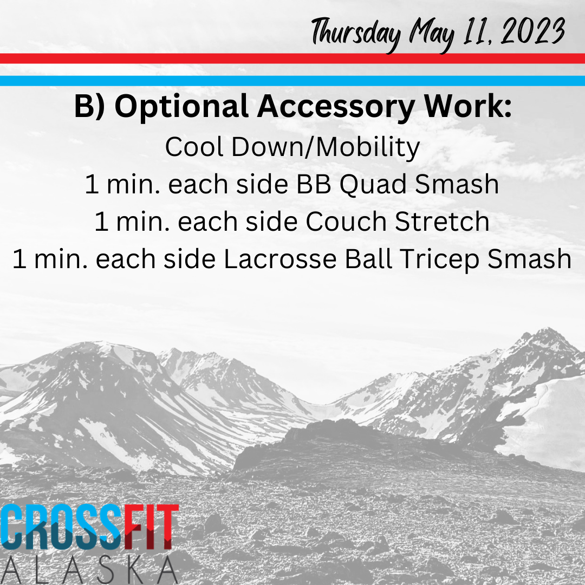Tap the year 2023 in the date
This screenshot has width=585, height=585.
pyautogui.click(x=533, y=31)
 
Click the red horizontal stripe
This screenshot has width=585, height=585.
pyautogui.click(x=292, y=58)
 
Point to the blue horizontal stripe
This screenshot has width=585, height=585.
pyautogui.click(x=292, y=81)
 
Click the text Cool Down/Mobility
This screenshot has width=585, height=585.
pyautogui.click(x=292, y=147)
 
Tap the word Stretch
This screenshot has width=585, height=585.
pyautogui.click(x=442, y=222)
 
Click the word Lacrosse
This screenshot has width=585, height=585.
pyautogui.click(x=280, y=259)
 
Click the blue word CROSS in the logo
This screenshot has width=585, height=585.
pyautogui.click(x=61, y=527)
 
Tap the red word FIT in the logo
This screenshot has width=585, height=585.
pyautogui.click(x=151, y=527)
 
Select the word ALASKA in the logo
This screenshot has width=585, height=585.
pyautogui.click(x=89, y=570)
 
